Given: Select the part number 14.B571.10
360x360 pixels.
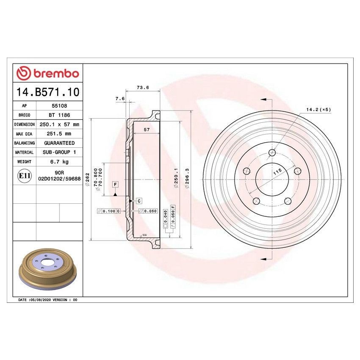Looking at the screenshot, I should coord(47,92).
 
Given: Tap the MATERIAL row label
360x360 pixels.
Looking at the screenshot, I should coord(24,152).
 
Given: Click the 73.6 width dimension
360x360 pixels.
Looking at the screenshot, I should coord(143,88).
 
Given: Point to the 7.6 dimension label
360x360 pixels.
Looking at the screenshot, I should coord(120,99).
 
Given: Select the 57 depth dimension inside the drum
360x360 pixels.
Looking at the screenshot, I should coord(146,130).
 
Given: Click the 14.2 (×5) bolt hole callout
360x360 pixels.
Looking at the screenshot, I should coord(318,110).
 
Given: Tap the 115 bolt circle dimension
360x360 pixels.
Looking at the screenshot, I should coord(277,172).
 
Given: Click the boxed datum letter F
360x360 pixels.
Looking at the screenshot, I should coord(115,184).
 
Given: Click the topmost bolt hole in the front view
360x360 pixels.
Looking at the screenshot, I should coord(272,153).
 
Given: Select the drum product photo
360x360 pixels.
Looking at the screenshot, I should coord(48,270).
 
